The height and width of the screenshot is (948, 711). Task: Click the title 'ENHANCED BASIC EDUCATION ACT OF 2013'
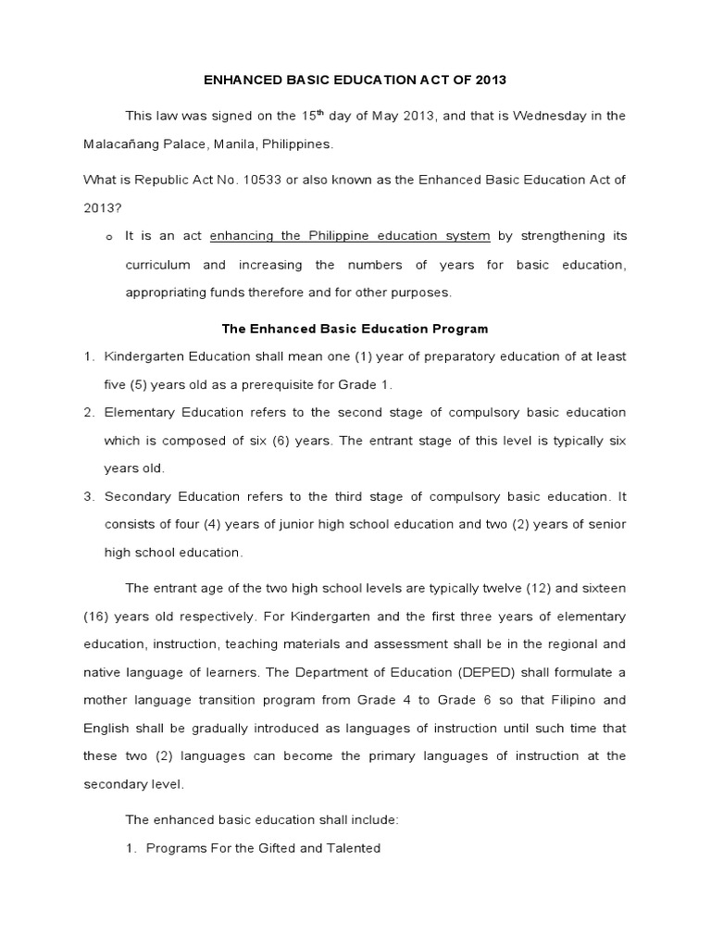tap(355, 81)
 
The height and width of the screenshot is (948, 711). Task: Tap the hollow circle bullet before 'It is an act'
tap(108, 238)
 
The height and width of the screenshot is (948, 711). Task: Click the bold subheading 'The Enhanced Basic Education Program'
tap(355, 329)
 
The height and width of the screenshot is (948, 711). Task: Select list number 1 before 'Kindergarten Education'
tap(89, 356)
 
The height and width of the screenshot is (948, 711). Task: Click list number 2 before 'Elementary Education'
tap(89, 412)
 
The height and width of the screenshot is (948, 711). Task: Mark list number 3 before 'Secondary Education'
tap(89, 496)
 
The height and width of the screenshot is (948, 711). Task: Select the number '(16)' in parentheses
tap(99, 617)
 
